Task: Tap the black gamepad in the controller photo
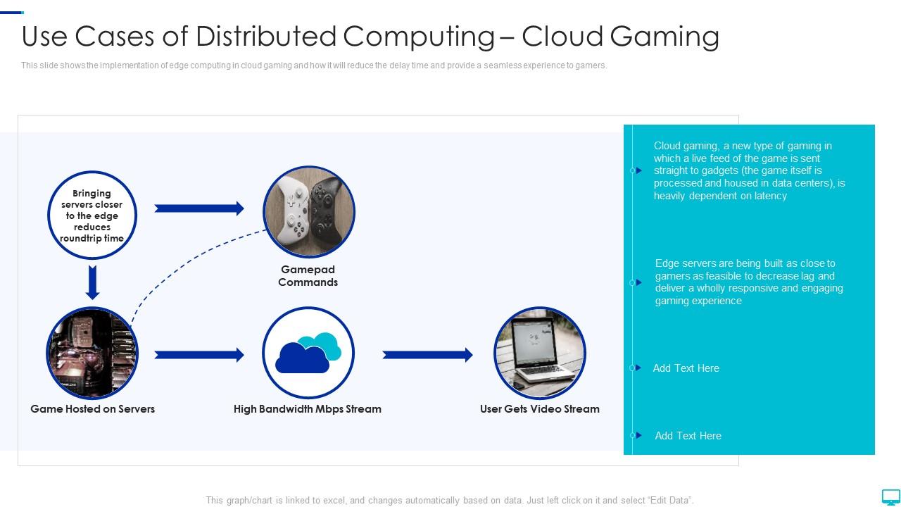[x=327, y=208]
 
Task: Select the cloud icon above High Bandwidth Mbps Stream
[x=308, y=353]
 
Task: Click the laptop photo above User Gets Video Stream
[x=540, y=353]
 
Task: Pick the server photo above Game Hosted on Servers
[x=92, y=353]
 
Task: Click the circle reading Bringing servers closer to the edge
[x=92, y=215]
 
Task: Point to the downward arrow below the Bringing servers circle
[x=92, y=282]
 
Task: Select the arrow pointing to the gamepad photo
[x=199, y=208]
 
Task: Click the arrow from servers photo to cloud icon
[x=199, y=355]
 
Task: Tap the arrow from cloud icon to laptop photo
[x=427, y=355]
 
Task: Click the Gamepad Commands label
[x=308, y=276]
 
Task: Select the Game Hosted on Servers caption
[x=92, y=409]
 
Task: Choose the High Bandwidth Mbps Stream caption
[x=308, y=409]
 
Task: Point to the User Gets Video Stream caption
[x=540, y=409]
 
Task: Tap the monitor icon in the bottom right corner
[x=890, y=496]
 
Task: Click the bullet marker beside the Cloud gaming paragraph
[x=637, y=170]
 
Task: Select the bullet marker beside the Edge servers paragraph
[x=637, y=282]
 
